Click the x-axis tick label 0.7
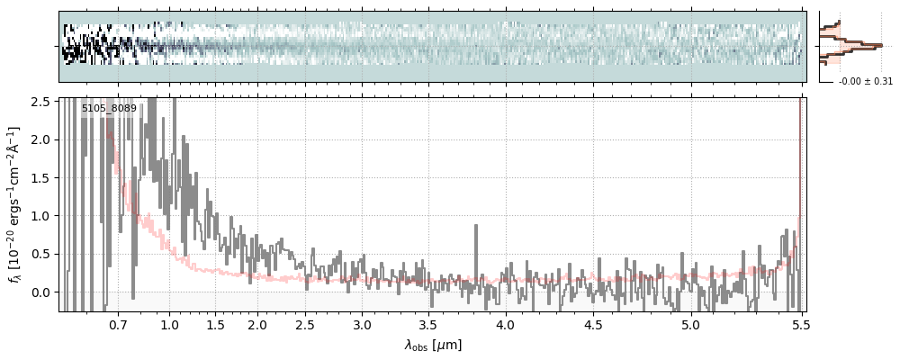(117, 324)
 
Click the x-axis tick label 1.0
(169, 324)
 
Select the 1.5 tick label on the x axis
(215, 324)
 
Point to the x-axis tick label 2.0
(257, 324)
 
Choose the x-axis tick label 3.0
(362, 324)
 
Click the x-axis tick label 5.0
(690, 324)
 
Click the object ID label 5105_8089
(109, 109)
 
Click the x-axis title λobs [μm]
(433, 345)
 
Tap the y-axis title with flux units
(14, 205)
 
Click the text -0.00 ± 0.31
(865, 82)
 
